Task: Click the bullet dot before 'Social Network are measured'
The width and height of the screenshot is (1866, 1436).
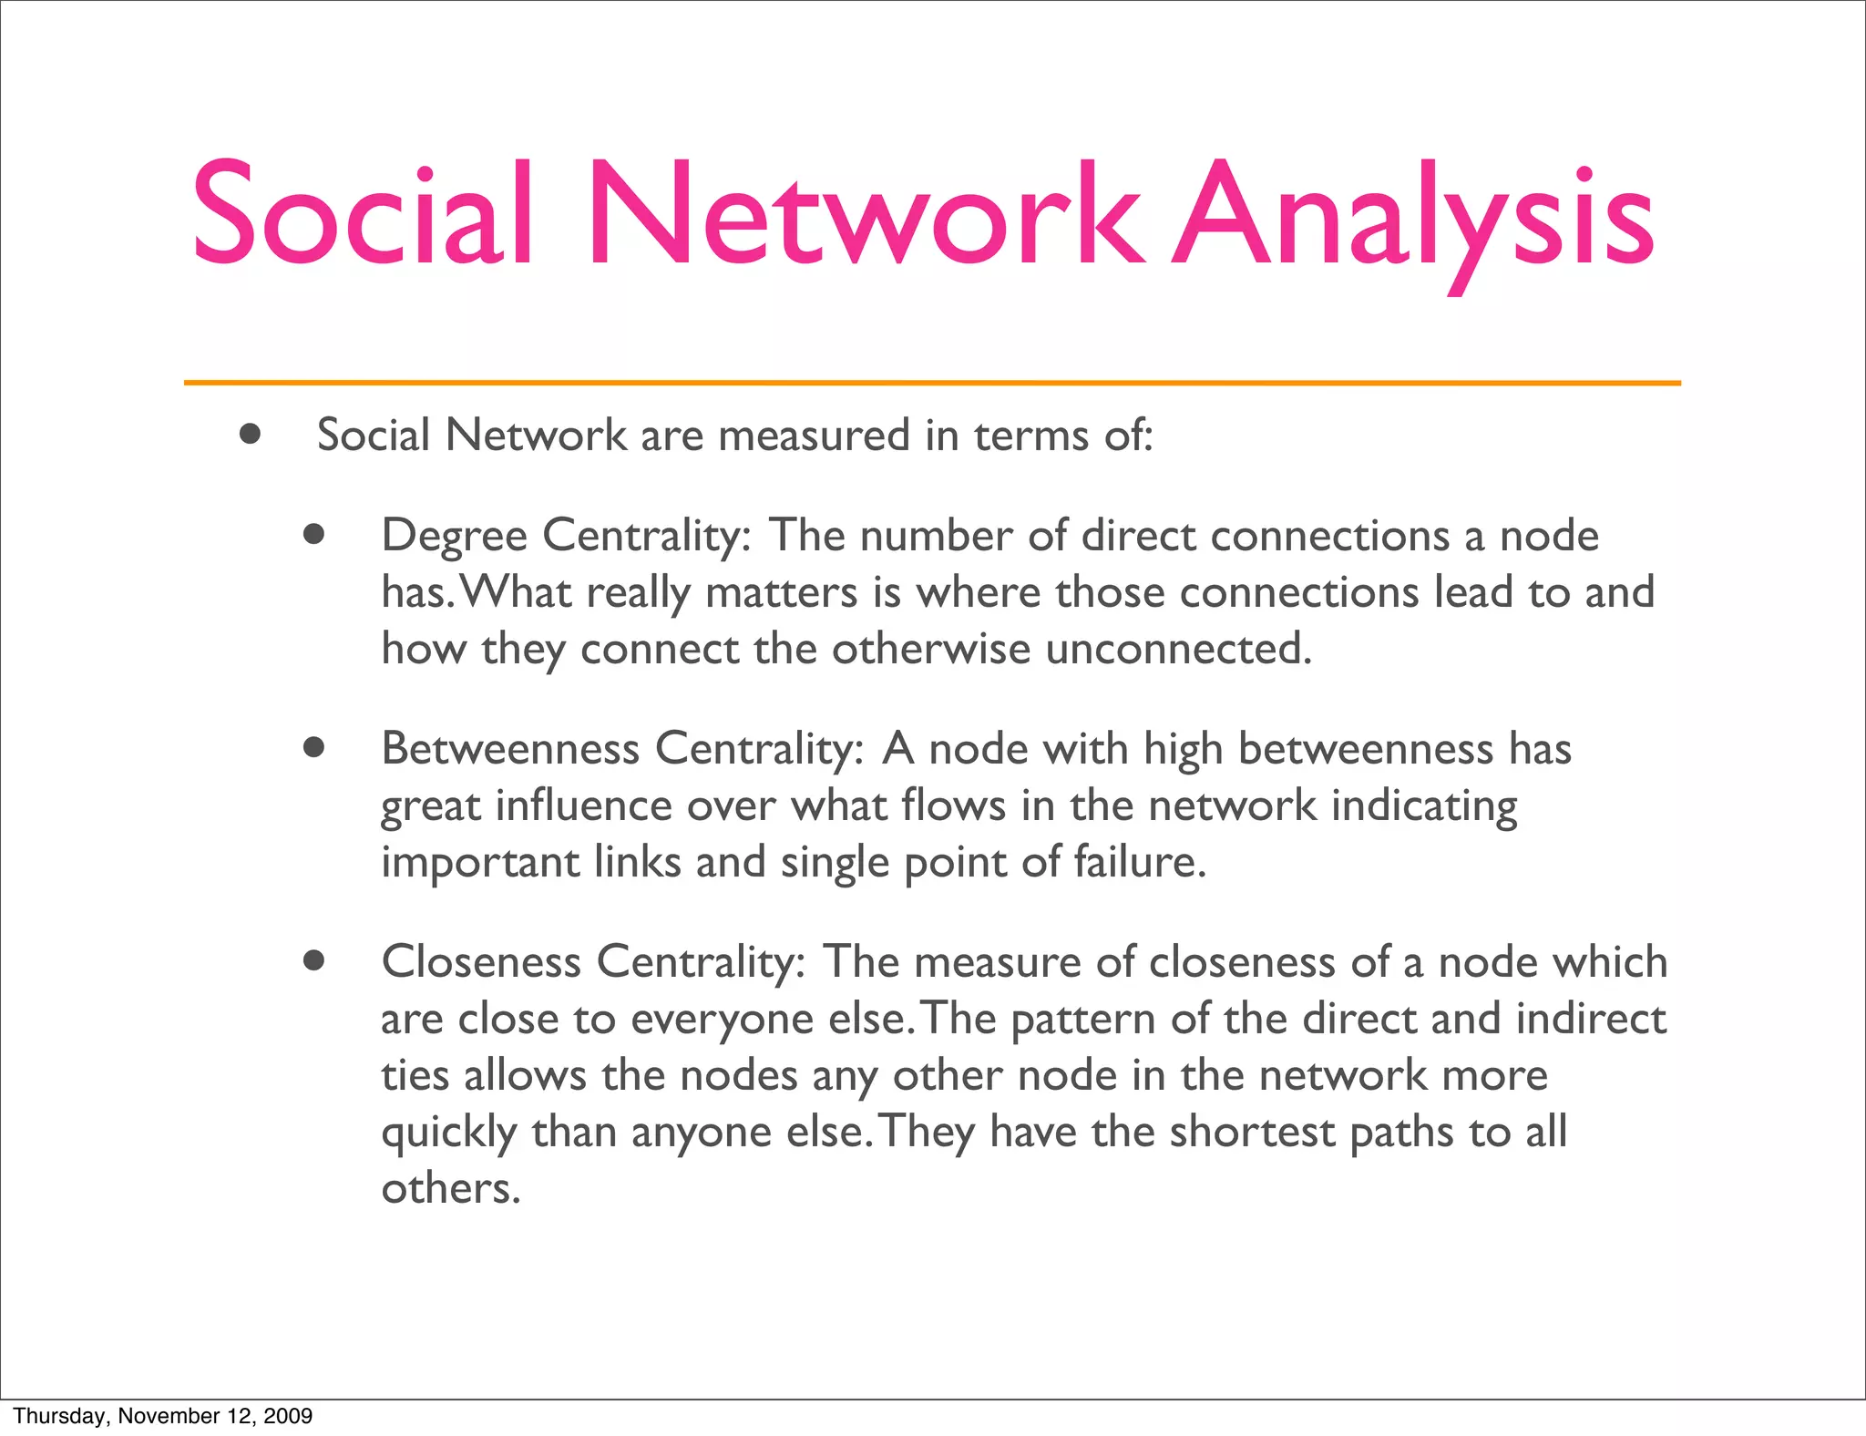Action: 250,434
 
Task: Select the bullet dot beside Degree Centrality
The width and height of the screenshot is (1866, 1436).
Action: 314,534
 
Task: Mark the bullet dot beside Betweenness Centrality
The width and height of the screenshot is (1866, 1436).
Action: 314,748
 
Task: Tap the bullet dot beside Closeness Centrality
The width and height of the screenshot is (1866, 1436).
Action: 314,960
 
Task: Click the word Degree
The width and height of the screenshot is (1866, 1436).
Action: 454,536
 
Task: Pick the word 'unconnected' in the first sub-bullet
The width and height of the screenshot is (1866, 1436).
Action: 1177,649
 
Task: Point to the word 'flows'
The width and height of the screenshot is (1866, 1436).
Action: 952,805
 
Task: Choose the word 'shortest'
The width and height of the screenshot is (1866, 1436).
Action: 1252,1132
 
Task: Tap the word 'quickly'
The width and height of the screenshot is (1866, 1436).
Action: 448,1133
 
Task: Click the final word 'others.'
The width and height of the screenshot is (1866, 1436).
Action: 450,1188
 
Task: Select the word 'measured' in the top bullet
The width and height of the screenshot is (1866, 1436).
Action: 814,435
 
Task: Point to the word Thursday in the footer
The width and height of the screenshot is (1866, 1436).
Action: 59,1416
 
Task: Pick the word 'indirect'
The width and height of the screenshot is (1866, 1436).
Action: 1591,1018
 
